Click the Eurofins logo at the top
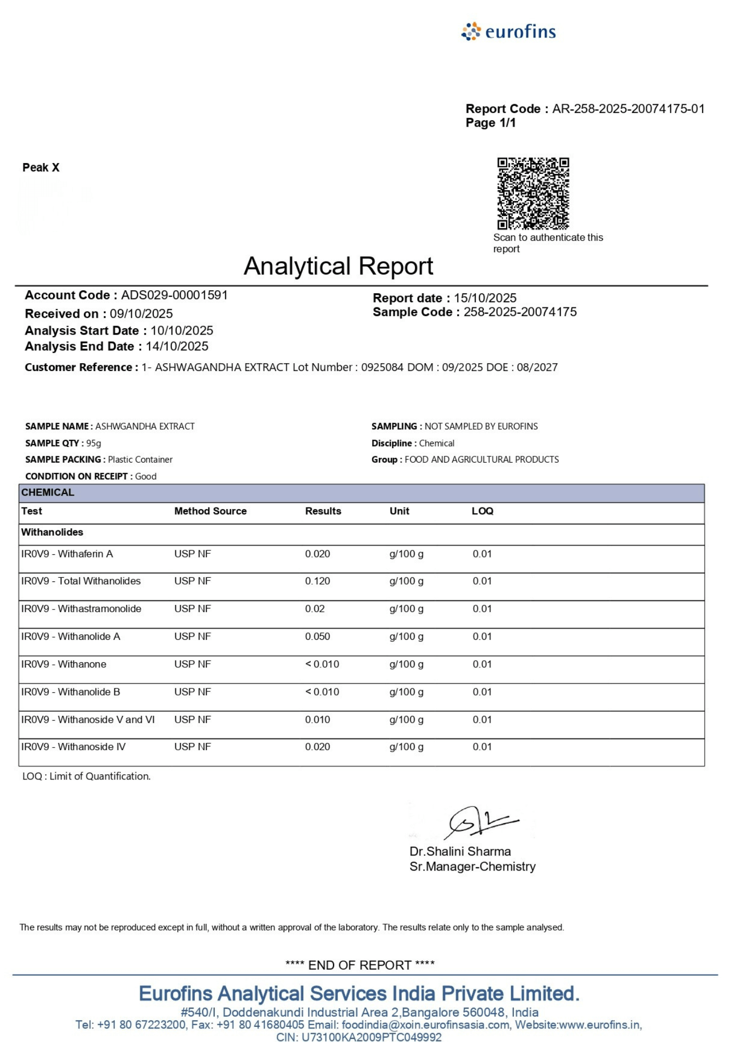tap(508, 32)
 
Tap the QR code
tap(533, 193)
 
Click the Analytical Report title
tap(338, 266)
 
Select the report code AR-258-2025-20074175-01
tap(628, 109)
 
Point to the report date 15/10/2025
tap(485, 298)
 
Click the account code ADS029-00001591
tap(174, 295)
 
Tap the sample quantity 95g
tap(94, 443)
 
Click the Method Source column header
tap(210, 511)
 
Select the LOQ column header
tap(482, 511)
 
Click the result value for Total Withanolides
tap(317, 581)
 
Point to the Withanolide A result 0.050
tap(317, 637)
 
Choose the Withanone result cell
tap(322, 664)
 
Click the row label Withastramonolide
tap(99, 609)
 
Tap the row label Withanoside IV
tap(91, 747)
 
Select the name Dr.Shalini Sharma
tap(460, 851)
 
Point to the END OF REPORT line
tap(360, 965)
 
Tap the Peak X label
tap(41, 168)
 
